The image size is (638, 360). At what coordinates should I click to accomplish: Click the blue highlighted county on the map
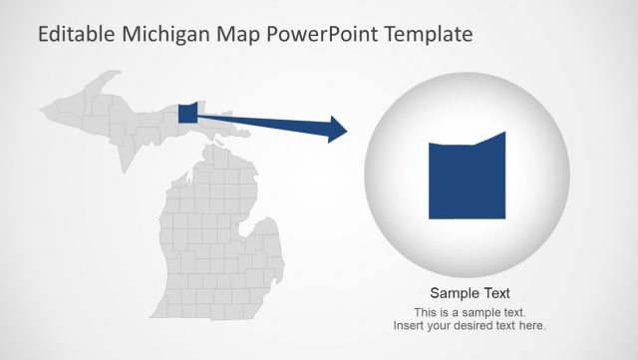click(x=188, y=112)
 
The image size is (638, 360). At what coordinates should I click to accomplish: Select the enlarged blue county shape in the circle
click(x=467, y=180)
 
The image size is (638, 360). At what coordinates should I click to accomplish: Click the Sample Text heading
click(x=470, y=293)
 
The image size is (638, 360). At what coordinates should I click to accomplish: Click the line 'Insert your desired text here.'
click(x=470, y=326)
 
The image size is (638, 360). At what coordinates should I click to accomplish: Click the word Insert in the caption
click(x=409, y=326)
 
